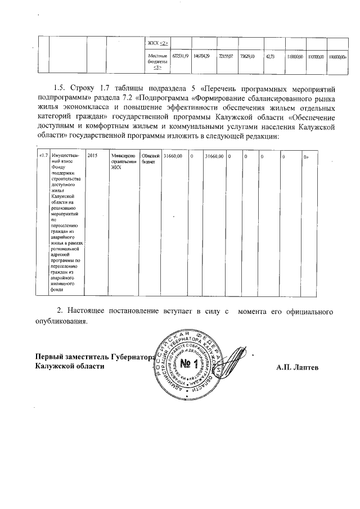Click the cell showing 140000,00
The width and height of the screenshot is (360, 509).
(338, 57)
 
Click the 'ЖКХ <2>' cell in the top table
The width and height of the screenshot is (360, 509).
(158, 43)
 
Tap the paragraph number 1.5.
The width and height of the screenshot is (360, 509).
(60, 89)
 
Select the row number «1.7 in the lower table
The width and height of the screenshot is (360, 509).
(42, 155)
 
